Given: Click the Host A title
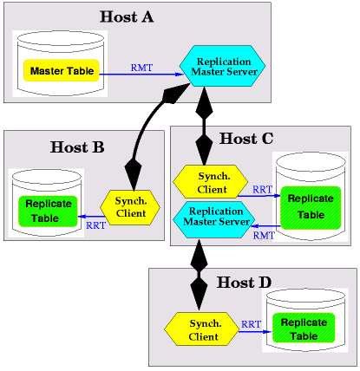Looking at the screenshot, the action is pos(127,16).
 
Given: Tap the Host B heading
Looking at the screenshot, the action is pos(77,147).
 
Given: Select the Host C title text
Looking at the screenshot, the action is pos(246,139).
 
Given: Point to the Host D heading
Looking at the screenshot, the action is pos(245,283).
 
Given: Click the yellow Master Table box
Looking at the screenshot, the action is pos(62,70).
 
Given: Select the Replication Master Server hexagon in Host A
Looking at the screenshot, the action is pos(222,66).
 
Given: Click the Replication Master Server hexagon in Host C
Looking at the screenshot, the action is pos(214,220).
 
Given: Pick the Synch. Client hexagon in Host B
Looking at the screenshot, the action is pos(130,207).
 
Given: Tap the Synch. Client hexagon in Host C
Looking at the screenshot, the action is pos(211,182).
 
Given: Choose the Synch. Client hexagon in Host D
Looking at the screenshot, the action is pos(202,329).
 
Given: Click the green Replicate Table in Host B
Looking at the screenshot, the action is pos(48,212).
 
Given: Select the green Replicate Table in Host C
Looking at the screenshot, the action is pos(311,208).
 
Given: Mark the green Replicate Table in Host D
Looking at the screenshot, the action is pos(304,329).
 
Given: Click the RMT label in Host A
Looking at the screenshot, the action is pos(141,68).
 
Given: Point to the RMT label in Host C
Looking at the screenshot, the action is pos(264,236).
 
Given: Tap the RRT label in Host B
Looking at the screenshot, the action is pos(95,225).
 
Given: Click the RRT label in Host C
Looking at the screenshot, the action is pos(262,190).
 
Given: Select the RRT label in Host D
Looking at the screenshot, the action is pos(251,324).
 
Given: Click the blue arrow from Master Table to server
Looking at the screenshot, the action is pos(141,75).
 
